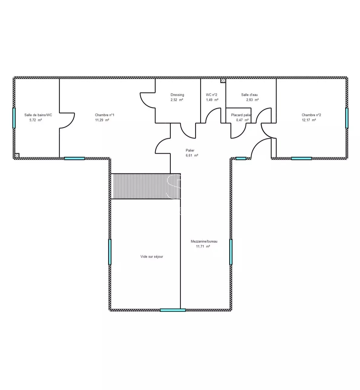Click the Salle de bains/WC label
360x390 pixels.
coord(38,115)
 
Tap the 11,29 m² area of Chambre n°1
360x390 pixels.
coord(102,120)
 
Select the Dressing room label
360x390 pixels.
coord(177,95)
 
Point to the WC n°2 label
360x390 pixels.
coord(211,95)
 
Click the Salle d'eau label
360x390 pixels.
coord(249,95)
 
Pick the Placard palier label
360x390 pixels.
coord(241,115)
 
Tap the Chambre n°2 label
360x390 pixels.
coord(311,115)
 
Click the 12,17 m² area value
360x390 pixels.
coord(309,120)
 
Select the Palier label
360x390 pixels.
coord(190,150)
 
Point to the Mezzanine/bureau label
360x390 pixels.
coord(204,241)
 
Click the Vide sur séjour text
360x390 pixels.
coord(152,256)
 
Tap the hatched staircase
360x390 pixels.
coord(146,186)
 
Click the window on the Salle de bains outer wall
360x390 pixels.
coord(14,118)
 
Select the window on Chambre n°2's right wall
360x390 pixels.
coord(347,118)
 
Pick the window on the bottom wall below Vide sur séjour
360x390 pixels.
coord(173,310)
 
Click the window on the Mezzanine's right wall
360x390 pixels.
coord(231,252)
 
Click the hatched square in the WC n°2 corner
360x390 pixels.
coord(223,81)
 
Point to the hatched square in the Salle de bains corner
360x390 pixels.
coord(17,155)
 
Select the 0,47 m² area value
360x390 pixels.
coord(243,120)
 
